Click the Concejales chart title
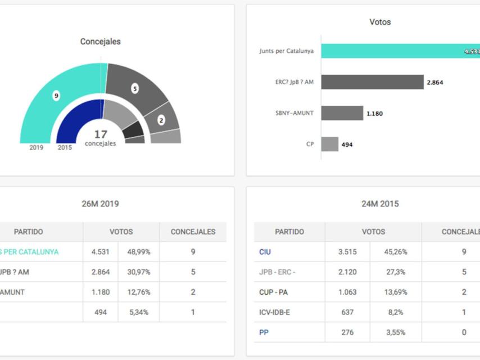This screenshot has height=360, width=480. (x=100, y=42)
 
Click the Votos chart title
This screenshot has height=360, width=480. (x=380, y=22)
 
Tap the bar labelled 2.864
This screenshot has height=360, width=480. (x=372, y=82)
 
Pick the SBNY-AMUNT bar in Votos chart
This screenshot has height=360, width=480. (x=342, y=113)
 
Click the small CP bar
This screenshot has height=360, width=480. (x=330, y=144)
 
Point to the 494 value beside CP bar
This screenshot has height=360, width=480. (x=347, y=145)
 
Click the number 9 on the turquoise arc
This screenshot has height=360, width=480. (x=56, y=96)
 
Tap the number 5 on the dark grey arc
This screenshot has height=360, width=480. (x=135, y=88)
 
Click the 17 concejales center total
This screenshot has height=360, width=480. (x=100, y=138)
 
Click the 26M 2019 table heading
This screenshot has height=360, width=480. (x=100, y=204)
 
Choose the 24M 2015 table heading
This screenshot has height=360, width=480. (x=380, y=204)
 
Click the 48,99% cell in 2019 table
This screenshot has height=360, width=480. (x=139, y=252)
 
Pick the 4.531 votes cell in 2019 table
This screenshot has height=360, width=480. (x=101, y=252)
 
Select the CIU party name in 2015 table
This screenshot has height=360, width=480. (x=265, y=252)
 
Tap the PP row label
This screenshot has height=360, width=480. (x=264, y=332)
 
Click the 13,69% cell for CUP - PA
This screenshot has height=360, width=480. (x=395, y=292)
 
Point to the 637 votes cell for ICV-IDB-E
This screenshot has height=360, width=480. (x=347, y=312)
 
